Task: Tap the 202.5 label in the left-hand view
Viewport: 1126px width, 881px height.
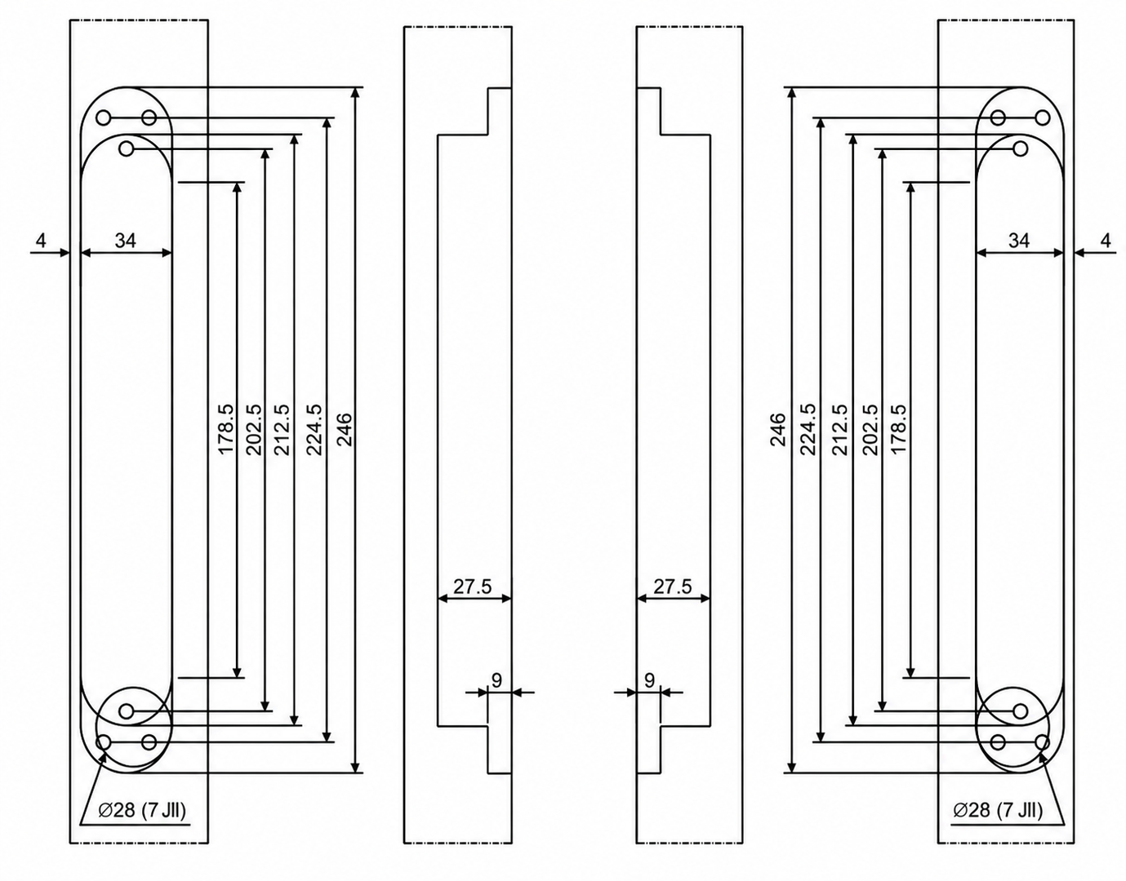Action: (x=254, y=430)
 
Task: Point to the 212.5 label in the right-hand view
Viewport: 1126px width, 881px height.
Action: (x=839, y=430)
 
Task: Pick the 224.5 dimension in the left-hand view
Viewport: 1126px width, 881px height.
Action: (x=314, y=430)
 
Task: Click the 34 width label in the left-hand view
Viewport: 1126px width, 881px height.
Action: (x=126, y=240)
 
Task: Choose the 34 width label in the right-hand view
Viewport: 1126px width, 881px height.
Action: (x=1019, y=240)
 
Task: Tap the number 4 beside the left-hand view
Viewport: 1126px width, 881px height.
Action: (x=41, y=240)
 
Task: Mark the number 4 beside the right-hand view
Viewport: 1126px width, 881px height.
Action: (x=1106, y=240)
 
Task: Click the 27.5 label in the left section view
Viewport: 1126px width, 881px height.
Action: (x=472, y=587)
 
